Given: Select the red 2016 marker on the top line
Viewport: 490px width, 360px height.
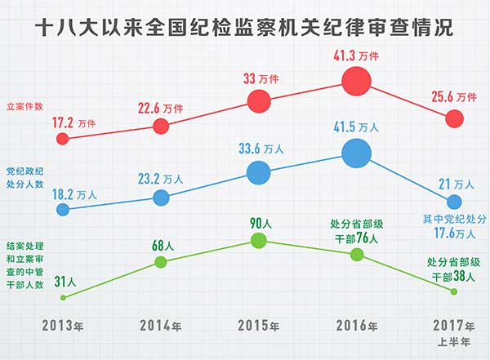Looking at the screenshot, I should [356, 81].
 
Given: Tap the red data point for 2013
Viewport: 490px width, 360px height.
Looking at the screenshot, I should [63, 139].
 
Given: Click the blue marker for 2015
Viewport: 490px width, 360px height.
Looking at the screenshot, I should [258, 171].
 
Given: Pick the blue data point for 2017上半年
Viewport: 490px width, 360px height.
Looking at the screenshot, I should [454, 201].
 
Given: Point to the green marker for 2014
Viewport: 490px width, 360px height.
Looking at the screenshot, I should [161, 261].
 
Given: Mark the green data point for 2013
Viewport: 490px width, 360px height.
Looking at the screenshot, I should [63, 297].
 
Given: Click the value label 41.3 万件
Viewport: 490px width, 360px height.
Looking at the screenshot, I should [354, 56].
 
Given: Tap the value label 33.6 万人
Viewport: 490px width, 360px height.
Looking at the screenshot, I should [259, 149].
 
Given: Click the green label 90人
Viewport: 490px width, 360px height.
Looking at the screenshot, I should [259, 222].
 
